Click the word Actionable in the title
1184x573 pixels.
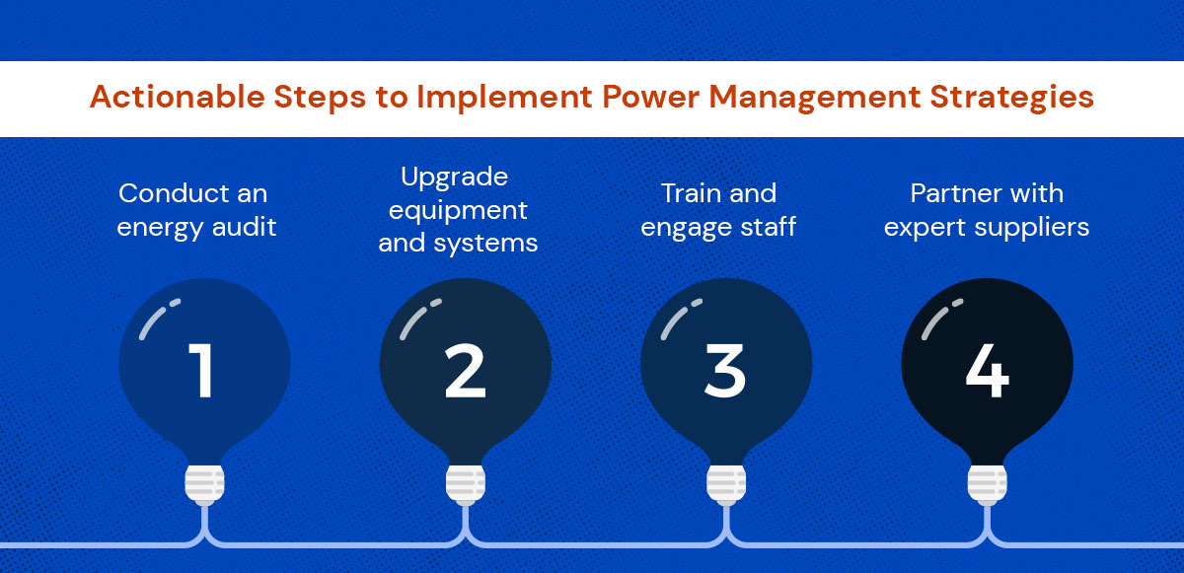tap(177, 97)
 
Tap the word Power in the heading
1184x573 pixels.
tap(650, 97)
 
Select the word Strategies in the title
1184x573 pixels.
tap(1011, 98)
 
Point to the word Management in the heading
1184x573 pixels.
tap(815, 98)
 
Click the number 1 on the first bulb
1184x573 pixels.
tap(201, 370)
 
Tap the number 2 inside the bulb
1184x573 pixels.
tap(465, 370)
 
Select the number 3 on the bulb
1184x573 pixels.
tap(725, 370)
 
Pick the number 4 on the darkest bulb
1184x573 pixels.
tap(988, 370)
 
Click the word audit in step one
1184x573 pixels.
tap(244, 227)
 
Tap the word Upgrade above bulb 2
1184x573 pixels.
tap(455, 177)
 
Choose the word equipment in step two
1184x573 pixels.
tap(458, 211)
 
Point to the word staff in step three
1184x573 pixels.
tap(768, 227)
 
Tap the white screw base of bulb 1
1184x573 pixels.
tap(204, 484)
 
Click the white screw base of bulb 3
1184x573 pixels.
tap(726, 484)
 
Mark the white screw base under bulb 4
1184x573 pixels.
tap(988, 484)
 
